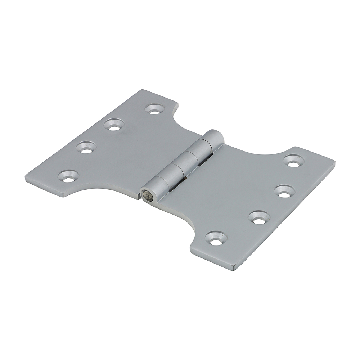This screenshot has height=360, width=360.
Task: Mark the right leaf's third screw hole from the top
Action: (259, 217)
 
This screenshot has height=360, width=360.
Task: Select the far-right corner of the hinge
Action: (334, 163)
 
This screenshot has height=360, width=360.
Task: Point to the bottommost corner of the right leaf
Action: (236, 269)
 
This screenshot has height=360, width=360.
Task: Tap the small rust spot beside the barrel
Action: (185, 178)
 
